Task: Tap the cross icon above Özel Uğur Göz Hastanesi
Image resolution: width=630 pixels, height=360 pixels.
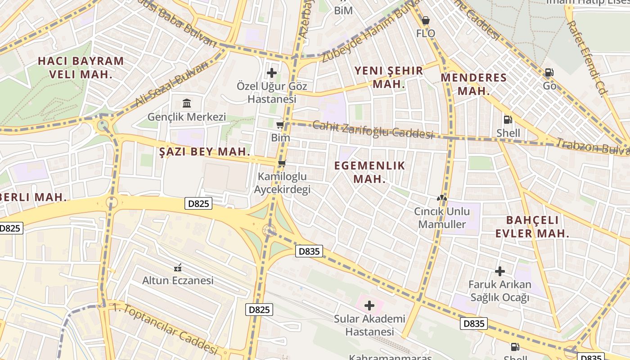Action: (272, 72)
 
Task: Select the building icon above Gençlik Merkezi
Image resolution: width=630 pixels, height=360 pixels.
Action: (187, 103)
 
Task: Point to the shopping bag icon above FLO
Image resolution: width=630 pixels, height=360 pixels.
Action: (425, 20)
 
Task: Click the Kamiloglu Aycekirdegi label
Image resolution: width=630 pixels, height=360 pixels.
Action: (282, 183)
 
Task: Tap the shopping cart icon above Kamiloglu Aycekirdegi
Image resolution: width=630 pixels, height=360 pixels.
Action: (282, 163)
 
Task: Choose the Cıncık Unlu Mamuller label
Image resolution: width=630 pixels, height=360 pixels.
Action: (442, 218)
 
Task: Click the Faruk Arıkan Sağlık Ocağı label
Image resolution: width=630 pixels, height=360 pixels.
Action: (499, 291)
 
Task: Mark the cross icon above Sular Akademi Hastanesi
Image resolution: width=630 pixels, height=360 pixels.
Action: (369, 306)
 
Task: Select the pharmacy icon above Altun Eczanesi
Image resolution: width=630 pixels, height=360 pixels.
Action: (178, 268)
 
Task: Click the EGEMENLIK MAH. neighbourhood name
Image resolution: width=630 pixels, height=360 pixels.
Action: (369, 172)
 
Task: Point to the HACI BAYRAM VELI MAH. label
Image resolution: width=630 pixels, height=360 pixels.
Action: (81, 67)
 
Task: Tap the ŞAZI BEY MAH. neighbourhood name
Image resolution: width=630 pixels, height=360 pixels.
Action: (205, 152)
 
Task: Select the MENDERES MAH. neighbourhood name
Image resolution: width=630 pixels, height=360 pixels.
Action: (473, 84)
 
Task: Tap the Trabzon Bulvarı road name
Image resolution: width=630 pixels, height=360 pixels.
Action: (592, 147)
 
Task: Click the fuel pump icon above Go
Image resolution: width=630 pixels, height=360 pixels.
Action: (549, 72)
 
